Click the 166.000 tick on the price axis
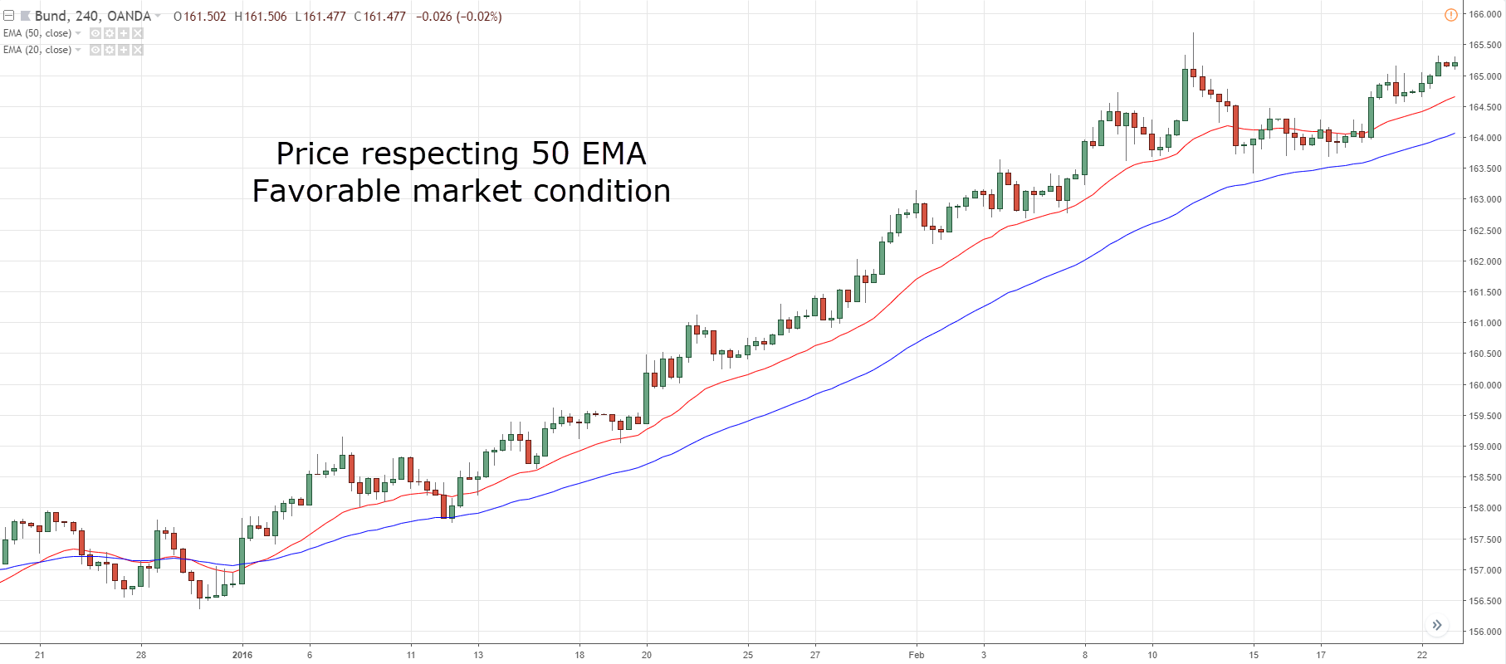click(x=1484, y=14)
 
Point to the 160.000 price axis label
click(x=1484, y=385)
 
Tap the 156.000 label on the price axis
click(x=1484, y=632)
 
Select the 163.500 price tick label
click(x=1484, y=168)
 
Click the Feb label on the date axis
click(x=916, y=655)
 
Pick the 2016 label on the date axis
click(x=242, y=655)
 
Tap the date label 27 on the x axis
click(x=815, y=655)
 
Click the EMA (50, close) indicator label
click(x=37, y=33)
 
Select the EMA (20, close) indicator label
click(x=37, y=50)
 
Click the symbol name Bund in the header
click(x=51, y=16)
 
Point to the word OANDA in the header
click(x=129, y=16)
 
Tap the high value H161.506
click(x=261, y=17)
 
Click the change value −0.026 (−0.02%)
click(x=458, y=17)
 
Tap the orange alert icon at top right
click(x=1450, y=15)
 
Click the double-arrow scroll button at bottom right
click(x=1437, y=625)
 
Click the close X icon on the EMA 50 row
click(x=138, y=33)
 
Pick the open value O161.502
click(x=199, y=17)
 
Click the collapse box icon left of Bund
click(x=9, y=16)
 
